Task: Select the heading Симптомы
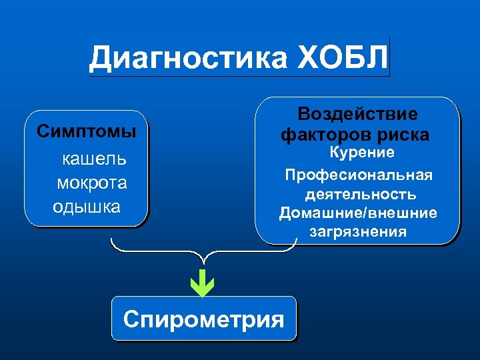point(86,131)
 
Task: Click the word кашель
point(95,159)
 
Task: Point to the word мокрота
point(92,183)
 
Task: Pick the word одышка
point(87,206)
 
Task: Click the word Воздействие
point(357,113)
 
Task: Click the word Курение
point(363,153)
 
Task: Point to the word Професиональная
point(359,175)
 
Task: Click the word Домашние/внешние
point(358,213)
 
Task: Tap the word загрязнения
point(358,232)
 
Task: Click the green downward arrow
point(201,282)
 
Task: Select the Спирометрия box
point(203,319)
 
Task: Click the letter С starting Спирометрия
point(132,319)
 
